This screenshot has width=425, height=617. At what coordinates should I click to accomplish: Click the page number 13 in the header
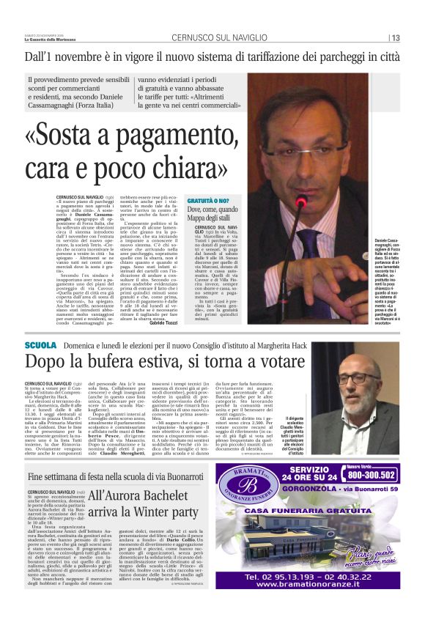point(395,38)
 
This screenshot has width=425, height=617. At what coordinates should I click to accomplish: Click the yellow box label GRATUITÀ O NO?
point(208,200)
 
